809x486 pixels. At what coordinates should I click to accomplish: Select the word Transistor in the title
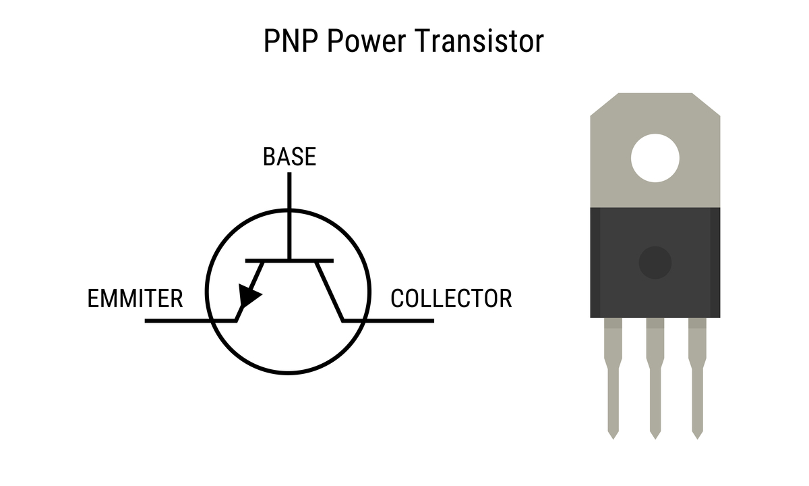click(x=479, y=42)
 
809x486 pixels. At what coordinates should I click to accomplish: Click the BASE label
click(x=289, y=157)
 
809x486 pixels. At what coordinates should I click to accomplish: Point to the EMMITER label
click(x=136, y=298)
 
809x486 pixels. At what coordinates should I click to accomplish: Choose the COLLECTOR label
click(x=451, y=298)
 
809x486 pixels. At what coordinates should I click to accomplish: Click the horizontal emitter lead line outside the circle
click(x=175, y=321)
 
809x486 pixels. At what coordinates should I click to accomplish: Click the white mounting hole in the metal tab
click(x=655, y=159)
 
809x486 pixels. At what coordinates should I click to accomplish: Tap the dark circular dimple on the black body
click(x=655, y=263)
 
